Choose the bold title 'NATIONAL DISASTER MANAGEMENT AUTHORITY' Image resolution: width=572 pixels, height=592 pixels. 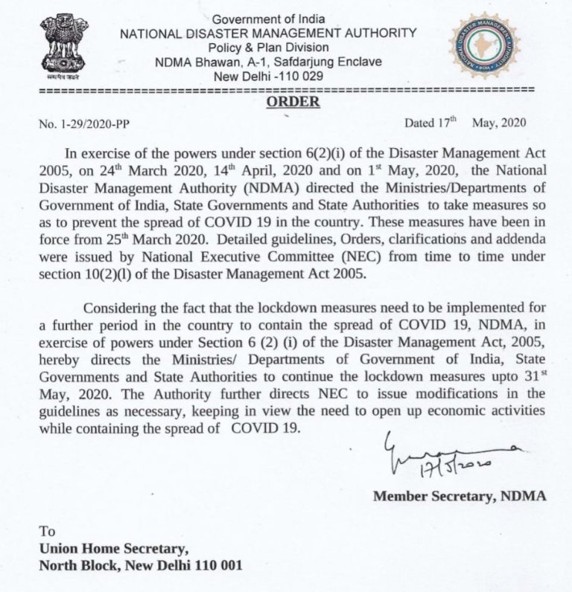[268, 33]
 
